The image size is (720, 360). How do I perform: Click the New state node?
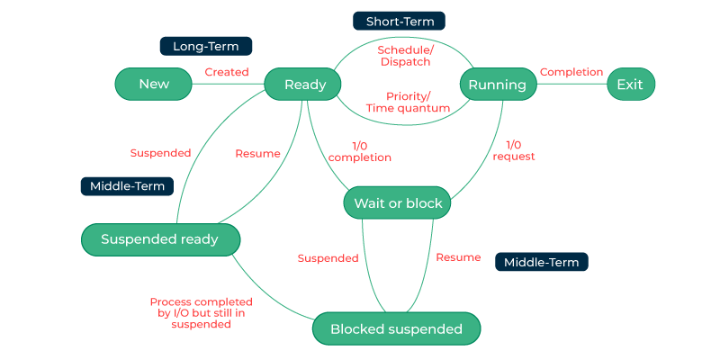click(154, 85)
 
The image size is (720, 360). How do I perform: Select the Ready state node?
click(305, 85)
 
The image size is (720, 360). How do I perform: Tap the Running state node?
click(498, 85)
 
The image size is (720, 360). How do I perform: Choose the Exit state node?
click(630, 85)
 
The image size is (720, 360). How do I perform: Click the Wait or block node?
click(397, 203)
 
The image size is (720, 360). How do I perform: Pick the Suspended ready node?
click(160, 239)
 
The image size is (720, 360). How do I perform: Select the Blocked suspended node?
click(396, 328)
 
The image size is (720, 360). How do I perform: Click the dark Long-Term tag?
click(205, 46)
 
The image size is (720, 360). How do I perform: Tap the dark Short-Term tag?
click(399, 20)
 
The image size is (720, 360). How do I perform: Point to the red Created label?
click(227, 72)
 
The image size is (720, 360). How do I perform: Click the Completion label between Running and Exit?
click(571, 72)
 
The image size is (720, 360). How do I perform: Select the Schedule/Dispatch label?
click(404, 56)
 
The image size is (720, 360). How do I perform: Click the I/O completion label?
click(359, 151)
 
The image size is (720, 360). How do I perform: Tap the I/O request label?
click(514, 150)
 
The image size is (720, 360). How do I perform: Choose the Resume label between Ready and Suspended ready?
click(257, 153)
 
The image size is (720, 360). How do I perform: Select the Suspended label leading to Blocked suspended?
click(328, 258)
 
